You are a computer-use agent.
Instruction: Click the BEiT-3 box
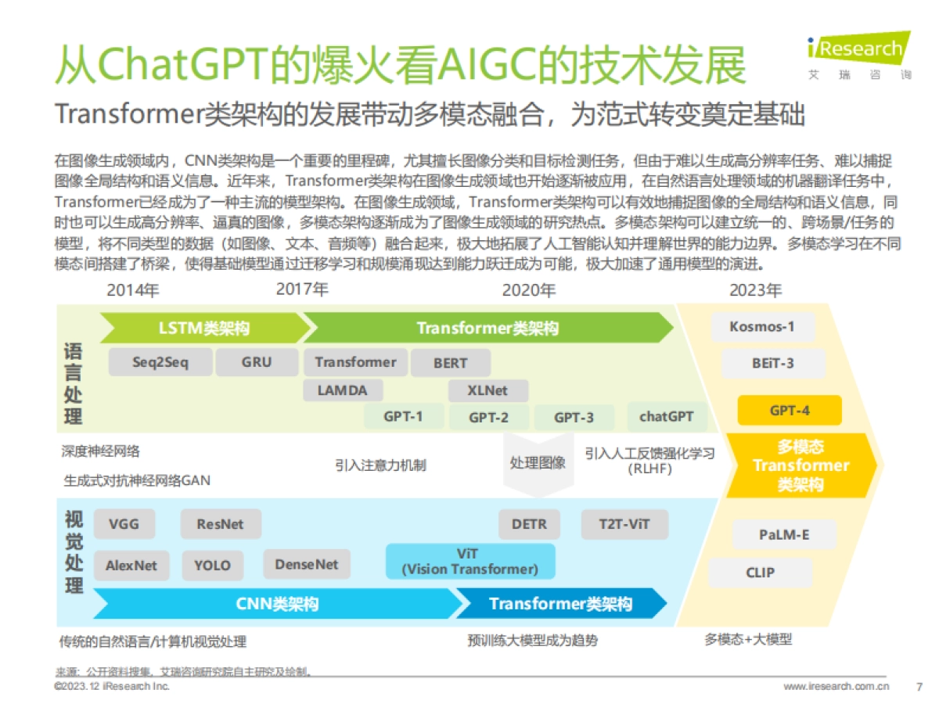tap(773, 364)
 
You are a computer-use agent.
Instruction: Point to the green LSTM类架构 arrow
tap(203, 328)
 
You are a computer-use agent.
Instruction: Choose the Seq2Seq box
tap(160, 362)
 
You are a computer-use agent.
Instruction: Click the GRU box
tap(257, 362)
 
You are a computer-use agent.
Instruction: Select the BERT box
tap(450, 363)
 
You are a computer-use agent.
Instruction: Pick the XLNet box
tap(487, 390)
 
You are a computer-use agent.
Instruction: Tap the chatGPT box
tap(666, 417)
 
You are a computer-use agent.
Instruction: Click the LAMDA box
tap(339, 390)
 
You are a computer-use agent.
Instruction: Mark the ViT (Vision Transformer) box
tap(469, 562)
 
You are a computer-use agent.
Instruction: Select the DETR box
tap(529, 524)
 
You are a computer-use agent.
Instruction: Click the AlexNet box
tap(131, 565)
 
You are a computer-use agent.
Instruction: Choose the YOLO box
tap(213, 565)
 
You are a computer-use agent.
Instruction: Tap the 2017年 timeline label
tap(302, 289)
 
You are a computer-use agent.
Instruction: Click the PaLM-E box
tap(783, 535)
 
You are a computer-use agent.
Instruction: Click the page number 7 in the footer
tap(919, 687)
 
